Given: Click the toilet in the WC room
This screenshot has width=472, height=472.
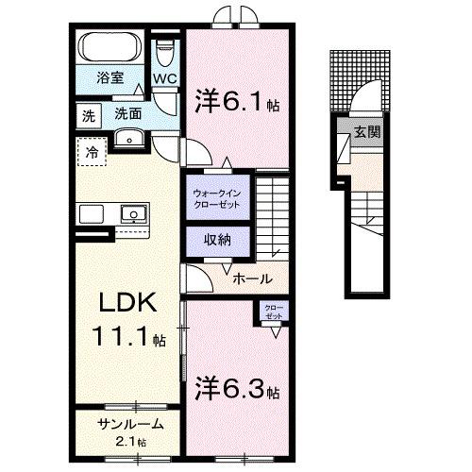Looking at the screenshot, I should (x=166, y=47).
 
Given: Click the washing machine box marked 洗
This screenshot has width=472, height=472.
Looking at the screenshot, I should (x=87, y=115).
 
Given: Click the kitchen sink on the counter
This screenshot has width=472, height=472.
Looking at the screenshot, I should (x=132, y=213).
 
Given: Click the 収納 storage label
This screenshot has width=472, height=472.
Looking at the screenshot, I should (x=217, y=240).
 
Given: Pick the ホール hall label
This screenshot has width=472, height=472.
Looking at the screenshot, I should (x=252, y=278).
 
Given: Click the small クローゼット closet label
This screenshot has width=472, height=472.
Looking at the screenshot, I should (x=273, y=311).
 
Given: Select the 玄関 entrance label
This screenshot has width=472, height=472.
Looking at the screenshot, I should (x=367, y=131).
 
